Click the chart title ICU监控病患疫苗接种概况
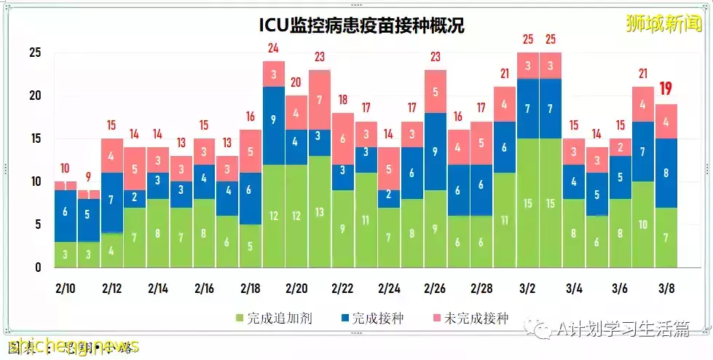point(361,26)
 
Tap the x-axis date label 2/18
point(249,288)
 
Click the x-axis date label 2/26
point(435,288)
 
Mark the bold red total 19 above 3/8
point(665,90)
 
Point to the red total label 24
point(273,49)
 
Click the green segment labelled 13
point(319,211)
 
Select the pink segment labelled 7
point(319,100)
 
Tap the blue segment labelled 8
point(665,173)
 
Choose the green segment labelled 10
point(642,224)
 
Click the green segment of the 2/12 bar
point(111,250)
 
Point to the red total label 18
point(342,100)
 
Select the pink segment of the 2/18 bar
point(250,152)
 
